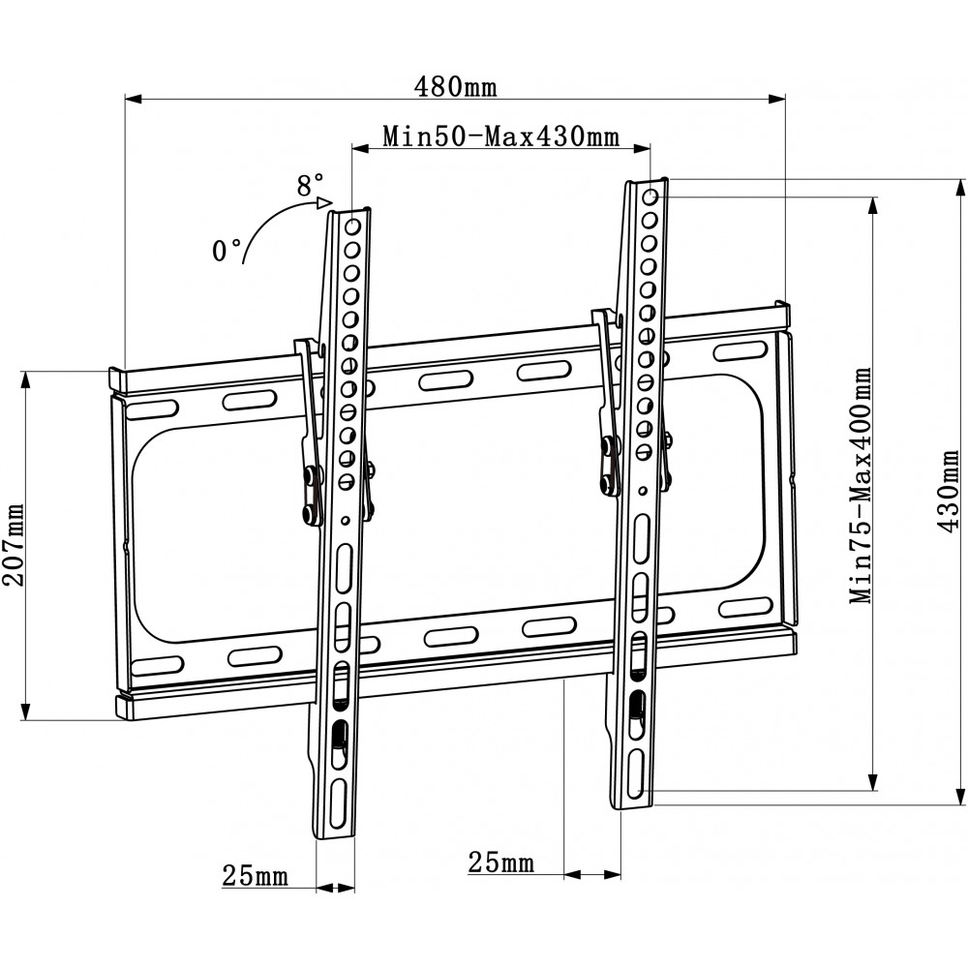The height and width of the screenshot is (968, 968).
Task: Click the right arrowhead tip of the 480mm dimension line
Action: click(x=785, y=98)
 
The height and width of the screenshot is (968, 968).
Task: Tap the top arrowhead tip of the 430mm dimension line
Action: click(x=960, y=180)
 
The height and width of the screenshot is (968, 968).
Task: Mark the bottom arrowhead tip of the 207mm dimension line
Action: click(x=25, y=720)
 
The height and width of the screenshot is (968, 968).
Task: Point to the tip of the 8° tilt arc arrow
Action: click(x=333, y=202)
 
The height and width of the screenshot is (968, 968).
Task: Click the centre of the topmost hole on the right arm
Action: click(x=650, y=197)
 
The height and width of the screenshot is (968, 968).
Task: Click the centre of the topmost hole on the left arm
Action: click(x=352, y=227)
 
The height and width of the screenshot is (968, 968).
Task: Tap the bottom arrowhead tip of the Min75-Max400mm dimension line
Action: click(x=873, y=790)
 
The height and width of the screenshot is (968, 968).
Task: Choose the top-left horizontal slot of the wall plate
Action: click(x=152, y=410)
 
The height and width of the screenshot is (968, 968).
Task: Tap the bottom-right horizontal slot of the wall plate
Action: click(x=745, y=608)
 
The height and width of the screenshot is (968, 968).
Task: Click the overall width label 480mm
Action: click(x=456, y=87)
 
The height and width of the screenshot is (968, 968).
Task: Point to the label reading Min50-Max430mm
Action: click(x=500, y=136)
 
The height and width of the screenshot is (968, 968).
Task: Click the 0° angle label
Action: click(x=226, y=251)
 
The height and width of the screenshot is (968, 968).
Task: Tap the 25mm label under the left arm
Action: click(x=255, y=875)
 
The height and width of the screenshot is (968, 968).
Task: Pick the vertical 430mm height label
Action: click(x=948, y=491)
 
